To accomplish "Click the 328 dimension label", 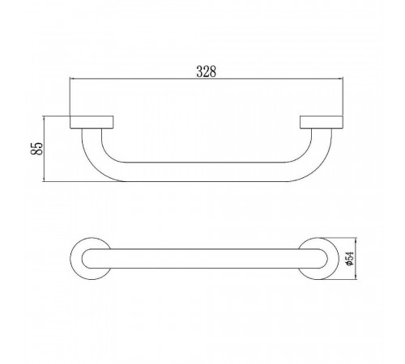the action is [207, 71].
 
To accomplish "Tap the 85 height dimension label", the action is [37, 148].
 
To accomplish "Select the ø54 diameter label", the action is [350, 258].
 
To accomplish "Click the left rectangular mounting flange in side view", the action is [92, 122].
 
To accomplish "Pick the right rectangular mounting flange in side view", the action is [322, 122].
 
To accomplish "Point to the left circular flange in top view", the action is [75, 259].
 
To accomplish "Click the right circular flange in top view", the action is [333, 259].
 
